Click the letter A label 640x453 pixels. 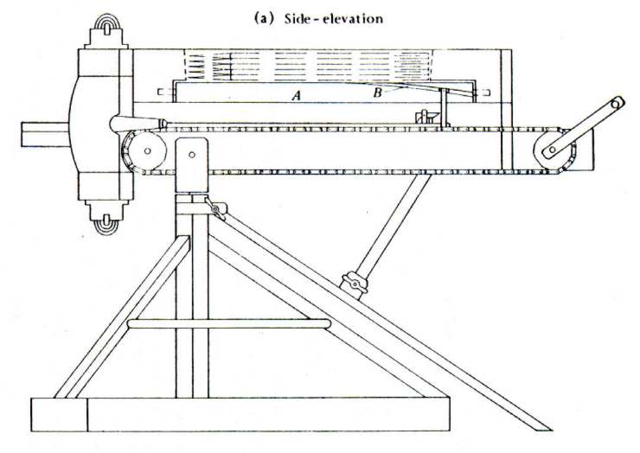click(296, 98)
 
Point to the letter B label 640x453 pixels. click(377, 93)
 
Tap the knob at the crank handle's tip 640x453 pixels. click(616, 104)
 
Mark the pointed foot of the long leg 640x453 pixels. click(542, 426)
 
